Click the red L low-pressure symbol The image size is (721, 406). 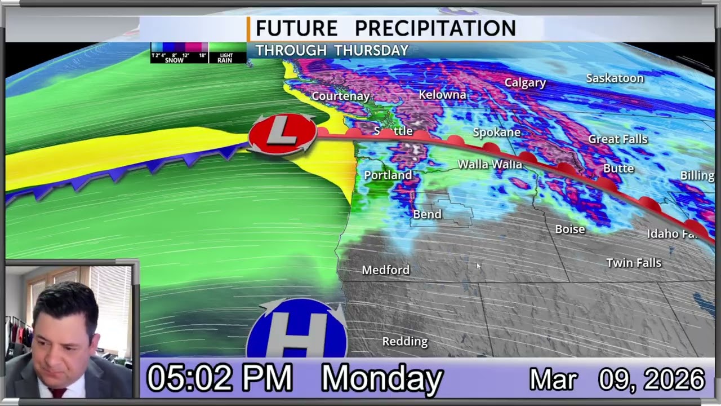(x=282, y=133)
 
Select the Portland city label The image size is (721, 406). (x=388, y=175)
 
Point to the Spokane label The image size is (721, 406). (x=496, y=133)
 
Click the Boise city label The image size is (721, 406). (x=569, y=230)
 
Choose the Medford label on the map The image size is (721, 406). (x=385, y=270)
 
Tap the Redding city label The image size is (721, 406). (x=404, y=342)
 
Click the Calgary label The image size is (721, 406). (x=525, y=83)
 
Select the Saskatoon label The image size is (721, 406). (x=615, y=78)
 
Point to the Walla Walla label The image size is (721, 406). (x=489, y=165)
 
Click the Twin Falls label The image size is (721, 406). (x=633, y=263)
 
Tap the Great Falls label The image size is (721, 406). (x=617, y=139)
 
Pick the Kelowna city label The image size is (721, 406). (x=442, y=95)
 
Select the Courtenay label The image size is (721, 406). (x=340, y=96)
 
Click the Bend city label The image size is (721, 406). (x=427, y=214)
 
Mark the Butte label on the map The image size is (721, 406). (x=618, y=169)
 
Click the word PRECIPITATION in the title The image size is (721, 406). (x=435, y=28)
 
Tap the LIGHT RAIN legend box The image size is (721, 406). (x=227, y=53)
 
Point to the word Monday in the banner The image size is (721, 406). (x=382, y=378)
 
